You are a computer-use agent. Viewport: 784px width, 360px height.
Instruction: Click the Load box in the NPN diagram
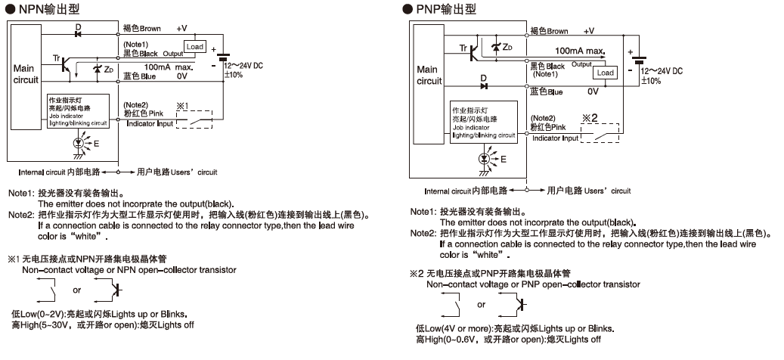[x=195, y=47]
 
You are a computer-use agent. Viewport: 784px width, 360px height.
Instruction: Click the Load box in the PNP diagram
[x=605, y=73]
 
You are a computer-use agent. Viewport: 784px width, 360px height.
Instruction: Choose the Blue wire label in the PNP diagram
[x=547, y=92]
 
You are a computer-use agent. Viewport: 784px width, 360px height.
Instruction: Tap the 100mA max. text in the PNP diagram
[x=580, y=51]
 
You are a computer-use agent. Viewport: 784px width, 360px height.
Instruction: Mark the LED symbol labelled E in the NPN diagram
[x=80, y=142]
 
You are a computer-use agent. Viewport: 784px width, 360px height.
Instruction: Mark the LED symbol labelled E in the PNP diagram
[x=485, y=159]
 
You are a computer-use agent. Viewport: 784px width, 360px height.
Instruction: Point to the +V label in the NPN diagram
[x=181, y=29]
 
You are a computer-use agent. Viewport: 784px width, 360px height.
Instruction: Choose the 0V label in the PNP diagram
[x=592, y=92]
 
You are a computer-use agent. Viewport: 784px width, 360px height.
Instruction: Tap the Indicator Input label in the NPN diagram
[x=150, y=123]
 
